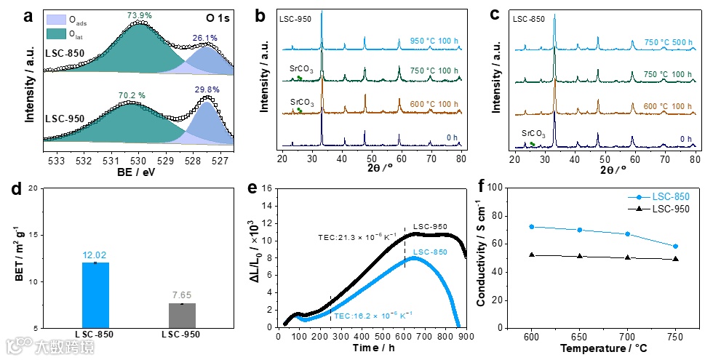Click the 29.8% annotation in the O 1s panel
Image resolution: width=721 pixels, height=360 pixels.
coord(207,89)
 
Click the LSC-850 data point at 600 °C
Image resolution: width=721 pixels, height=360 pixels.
coord(531,227)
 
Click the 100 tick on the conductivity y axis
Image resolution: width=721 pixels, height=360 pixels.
coord(497,188)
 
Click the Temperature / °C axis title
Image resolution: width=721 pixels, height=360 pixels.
coord(603,348)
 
